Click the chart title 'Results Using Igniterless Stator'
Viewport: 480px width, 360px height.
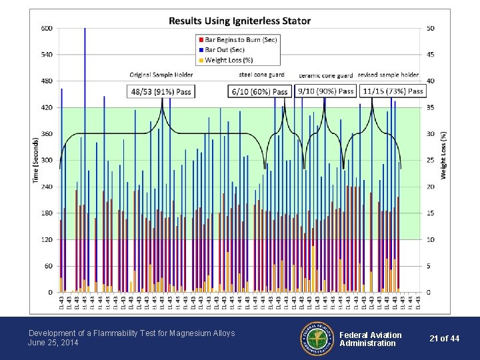[x=239, y=21]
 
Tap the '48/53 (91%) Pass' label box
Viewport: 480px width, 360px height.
[x=161, y=91]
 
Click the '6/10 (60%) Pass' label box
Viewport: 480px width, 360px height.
[x=259, y=91]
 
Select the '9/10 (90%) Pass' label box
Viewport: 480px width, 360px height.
[x=326, y=91]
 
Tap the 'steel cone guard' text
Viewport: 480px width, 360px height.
[x=262, y=75]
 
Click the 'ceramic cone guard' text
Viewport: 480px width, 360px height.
[x=326, y=75]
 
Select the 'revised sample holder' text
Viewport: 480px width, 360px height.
[x=388, y=75]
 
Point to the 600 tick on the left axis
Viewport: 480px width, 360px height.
[x=47, y=28]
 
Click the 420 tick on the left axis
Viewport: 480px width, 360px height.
[x=47, y=107]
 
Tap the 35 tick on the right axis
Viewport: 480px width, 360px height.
[x=431, y=107]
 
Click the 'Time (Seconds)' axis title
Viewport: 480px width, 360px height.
[x=35, y=160]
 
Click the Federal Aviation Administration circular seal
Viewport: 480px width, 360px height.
[x=317, y=338]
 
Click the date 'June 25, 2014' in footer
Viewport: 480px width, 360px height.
[x=53, y=343]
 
